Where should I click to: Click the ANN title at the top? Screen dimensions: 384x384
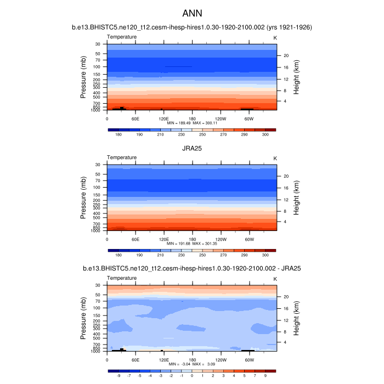pyautogui.click(x=192, y=12)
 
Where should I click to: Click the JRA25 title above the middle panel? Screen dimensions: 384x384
pyautogui.click(x=192, y=148)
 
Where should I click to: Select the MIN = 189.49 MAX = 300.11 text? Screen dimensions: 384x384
pyautogui.click(x=192, y=123)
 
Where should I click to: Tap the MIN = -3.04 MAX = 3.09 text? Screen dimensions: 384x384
pyautogui.click(x=192, y=364)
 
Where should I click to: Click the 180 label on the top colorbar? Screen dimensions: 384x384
pyautogui.click(x=118, y=134)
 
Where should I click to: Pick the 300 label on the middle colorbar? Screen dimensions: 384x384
pyautogui.click(x=266, y=255)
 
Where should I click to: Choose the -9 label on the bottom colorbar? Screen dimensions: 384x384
pyautogui.click(x=118, y=376)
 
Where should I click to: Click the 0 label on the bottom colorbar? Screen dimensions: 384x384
pyautogui.click(x=192, y=376)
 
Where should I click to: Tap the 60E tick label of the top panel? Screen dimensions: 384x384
pyautogui.click(x=135, y=118)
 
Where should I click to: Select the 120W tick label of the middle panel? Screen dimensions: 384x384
pyautogui.click(x=220, y=239)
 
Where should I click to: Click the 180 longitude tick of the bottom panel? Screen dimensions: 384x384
pyautogui.click(x=192, y=359)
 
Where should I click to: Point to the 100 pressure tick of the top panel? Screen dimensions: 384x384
pyautogui.click(x=97, y=67)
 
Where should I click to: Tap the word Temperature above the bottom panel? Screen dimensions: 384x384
pyautogui.click(x=122, y=279)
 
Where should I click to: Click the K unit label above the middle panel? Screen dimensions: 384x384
pyautogui.click(x=275, y=158)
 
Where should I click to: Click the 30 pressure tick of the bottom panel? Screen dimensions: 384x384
pyautogui.click(x=98, y=285)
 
